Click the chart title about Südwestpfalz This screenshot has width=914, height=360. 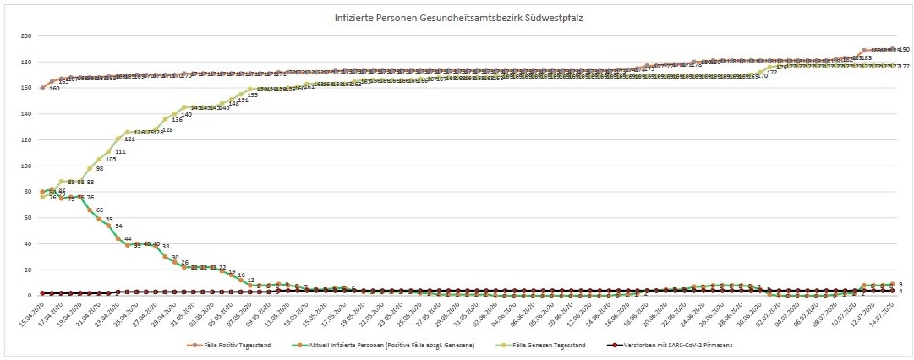point(457,17)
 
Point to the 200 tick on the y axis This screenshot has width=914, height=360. point(26,36)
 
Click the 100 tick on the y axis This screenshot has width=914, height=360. point(26,166)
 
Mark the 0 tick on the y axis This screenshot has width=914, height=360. point(30,296)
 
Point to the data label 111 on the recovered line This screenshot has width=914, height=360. point(119,152)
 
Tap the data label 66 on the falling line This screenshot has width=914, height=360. point(100,210)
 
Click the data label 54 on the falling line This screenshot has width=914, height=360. point(118,226)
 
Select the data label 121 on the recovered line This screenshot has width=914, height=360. point(129,139)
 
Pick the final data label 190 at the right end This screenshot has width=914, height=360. point(904,50)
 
